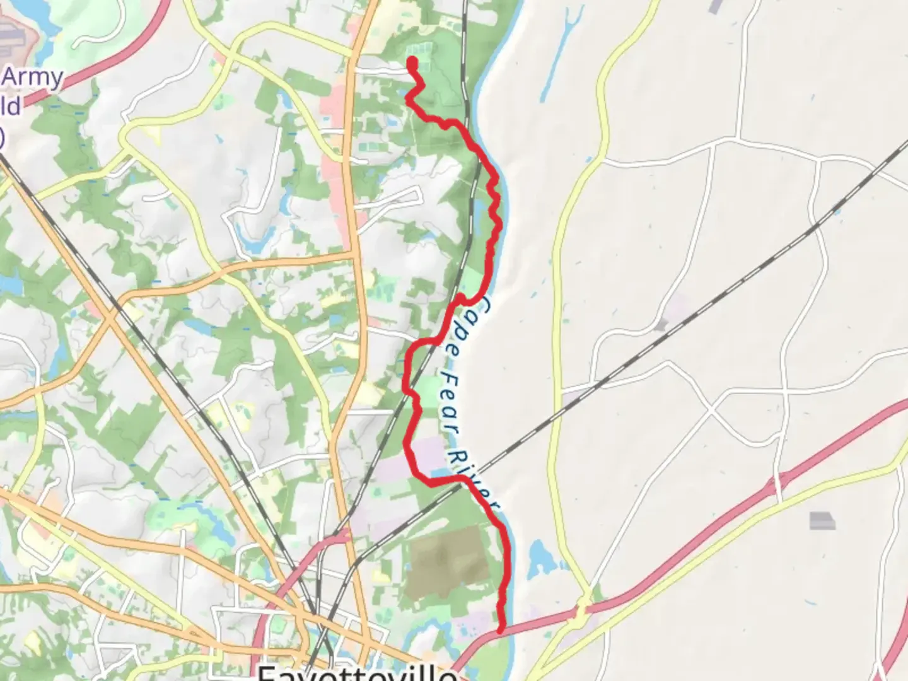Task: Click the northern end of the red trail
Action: [x=412, y=62]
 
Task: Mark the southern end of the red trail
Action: [x=501, y=628]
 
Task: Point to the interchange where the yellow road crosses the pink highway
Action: [x=583, y=608]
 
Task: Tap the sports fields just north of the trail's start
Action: [x=419, y=49]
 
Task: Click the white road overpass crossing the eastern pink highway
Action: [x=776, y=486]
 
